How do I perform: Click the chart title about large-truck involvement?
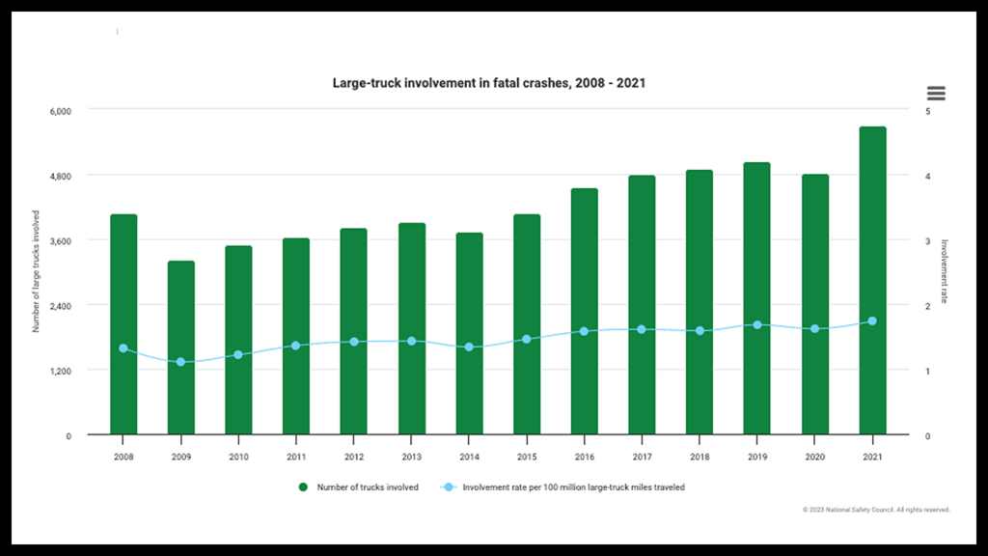point(488,83)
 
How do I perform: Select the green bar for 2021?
point(872,280)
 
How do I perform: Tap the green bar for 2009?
point(180,347)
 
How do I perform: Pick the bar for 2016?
point(584,311)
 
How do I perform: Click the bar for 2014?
point(469,333)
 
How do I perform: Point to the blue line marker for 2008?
point(123,348)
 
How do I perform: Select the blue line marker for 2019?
point(757,325)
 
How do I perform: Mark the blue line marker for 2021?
point(872,320)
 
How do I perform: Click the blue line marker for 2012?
point(354,342)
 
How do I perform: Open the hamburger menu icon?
point(936,94)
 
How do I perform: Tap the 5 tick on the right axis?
point(927,111)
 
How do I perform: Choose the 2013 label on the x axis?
point(412,457)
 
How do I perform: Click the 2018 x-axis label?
point(700,457)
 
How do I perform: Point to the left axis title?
point(36,271)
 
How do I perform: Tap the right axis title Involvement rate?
point(946,271)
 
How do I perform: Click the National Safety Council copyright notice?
point(875,509)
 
